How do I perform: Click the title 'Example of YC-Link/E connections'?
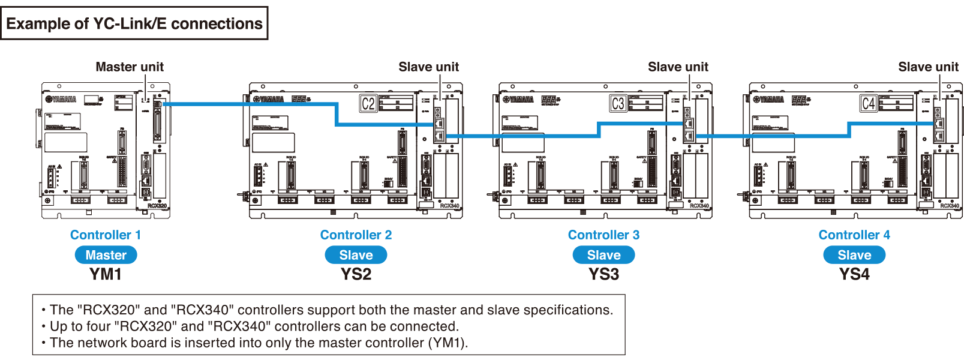point(134,23)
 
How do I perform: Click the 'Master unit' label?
point(130,67)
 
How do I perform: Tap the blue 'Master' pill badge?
point(106,255)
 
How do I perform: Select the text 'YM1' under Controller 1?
point(106,274)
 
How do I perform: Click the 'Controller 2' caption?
point(356,235)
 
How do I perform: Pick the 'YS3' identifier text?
point(603,274)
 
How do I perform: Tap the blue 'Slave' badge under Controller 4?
point(854,255)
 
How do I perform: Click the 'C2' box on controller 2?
point(368,104)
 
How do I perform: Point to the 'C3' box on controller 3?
point(618,104)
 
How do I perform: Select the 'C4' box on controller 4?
point(868,104)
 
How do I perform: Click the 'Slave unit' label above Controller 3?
point(678,67)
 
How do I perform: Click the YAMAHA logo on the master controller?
point(61,99)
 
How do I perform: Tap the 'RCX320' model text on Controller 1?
point(157,206)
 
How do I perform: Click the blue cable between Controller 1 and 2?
point(252,104)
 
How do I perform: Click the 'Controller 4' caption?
point(854,235)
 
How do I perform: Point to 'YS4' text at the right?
point(854,274)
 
